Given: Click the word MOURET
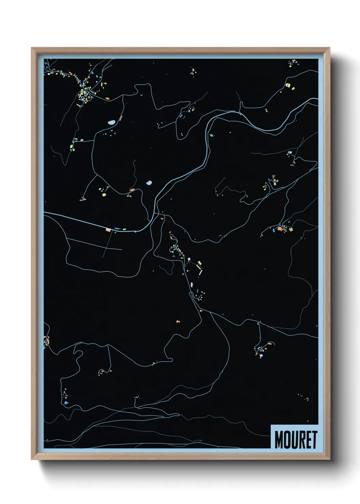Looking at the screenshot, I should [x=295, y=440].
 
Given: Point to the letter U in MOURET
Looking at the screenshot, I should [x=294, y=440].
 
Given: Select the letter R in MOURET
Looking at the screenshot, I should [x=302, y=440].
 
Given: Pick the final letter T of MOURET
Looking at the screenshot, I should [x=314, y=440].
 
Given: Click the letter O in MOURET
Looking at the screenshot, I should [x=287, y=440].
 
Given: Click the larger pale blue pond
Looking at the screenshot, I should [x=111, y=122].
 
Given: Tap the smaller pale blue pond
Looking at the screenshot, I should [x=149, y=183].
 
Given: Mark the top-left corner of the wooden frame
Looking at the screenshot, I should [x=32, y=48].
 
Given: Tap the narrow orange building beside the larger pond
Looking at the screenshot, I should [x=120, y=119].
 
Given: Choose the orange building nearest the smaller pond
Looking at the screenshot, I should [x=132, y=190].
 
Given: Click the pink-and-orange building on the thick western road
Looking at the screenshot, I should [x=108, y=230].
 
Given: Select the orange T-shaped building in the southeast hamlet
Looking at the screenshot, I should [x=256, y=353].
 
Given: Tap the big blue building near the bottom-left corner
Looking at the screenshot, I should [x=66, y=403].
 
